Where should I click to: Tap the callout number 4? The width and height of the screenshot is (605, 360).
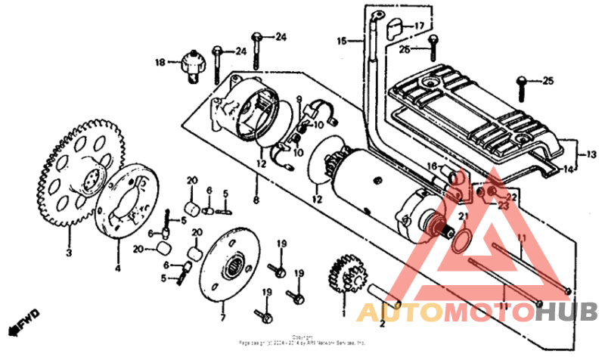click(116, 267)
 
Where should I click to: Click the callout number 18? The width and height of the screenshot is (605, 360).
click(160, 62)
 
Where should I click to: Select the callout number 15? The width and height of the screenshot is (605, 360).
click(341, 41)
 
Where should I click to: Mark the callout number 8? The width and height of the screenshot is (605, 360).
click(256, 200)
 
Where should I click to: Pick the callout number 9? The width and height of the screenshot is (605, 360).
click(299, 98)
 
